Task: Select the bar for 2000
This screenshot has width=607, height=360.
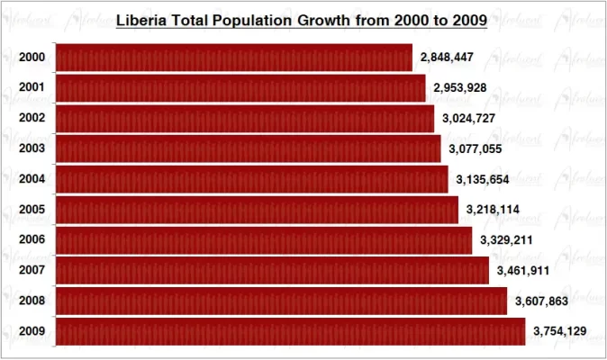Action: tap(234, 58)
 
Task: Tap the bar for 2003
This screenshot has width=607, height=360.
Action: tap(249, 148)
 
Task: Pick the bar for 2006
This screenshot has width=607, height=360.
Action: tap(264, 240)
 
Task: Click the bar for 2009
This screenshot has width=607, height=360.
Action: tap(290, 331)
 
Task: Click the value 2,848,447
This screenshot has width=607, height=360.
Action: tap(447, 58)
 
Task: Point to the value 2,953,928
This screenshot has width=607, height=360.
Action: tap(460, 88)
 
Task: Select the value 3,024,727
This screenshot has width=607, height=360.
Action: tap(467, 119)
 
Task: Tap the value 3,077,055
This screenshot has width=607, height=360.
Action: tap(475, 149)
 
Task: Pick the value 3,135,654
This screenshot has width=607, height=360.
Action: tap(483, 180)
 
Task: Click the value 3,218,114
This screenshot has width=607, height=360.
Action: tap(493, 210)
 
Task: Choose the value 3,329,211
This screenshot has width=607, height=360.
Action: tap(506, 240)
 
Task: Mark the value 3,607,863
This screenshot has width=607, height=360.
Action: tap(541, 301)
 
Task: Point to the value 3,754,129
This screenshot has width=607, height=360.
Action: tap(559, 331)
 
